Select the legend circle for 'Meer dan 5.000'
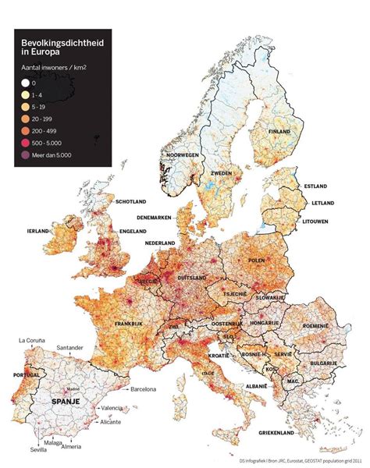tap(25, 154)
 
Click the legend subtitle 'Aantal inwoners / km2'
tap(56, 69)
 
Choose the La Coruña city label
tap(32, 341)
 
